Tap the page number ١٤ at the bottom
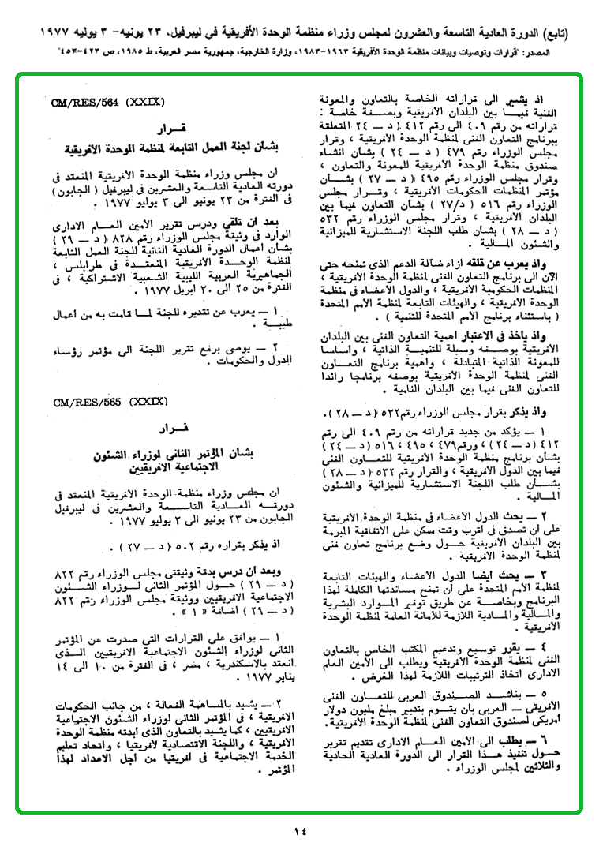click(x=301, y=831)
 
